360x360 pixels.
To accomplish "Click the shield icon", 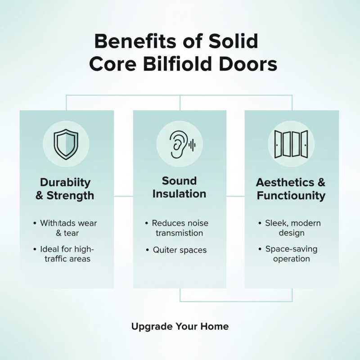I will tap(66, 144).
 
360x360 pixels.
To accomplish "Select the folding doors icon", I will tap(291, 144).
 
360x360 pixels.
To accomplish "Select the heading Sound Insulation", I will tap(179, 187).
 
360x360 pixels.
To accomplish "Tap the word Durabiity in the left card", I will tap(65, 182).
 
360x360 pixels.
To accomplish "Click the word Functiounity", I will tap(291, 196).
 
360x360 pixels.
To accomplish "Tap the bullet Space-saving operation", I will tap(291, 254).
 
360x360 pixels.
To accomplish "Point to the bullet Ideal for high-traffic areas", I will tap(67, 254).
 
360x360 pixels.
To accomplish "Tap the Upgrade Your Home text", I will tap(180, 326).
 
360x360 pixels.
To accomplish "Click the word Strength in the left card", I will tap(70, 196).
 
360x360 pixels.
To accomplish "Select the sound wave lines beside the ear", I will tap(193, 144).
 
